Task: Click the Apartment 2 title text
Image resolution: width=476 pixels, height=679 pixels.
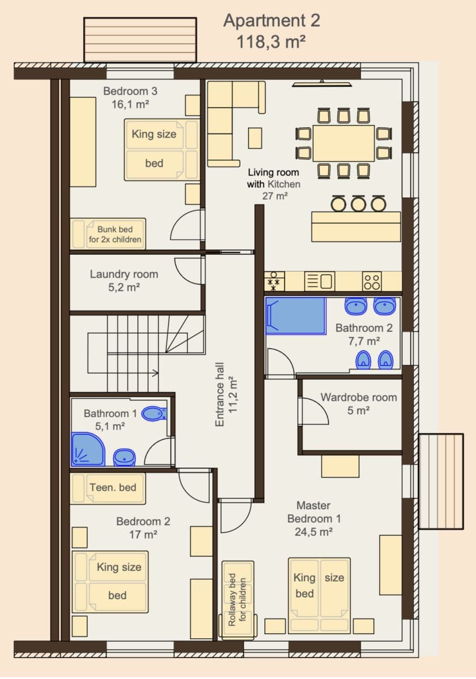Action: click(272, 20)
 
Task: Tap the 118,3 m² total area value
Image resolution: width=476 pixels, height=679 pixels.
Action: click(272, 41)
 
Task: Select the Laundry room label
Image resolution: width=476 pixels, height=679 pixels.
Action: click(124, 274)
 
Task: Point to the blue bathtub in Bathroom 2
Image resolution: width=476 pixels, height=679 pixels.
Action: click(295, 316)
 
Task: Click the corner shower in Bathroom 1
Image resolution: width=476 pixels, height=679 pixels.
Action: click(87, 449)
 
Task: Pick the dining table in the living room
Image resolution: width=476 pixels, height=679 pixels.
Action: click(344, 143)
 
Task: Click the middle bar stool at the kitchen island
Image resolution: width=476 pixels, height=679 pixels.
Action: click(358, 203)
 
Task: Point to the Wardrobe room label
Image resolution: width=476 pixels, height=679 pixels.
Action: click(358, 397)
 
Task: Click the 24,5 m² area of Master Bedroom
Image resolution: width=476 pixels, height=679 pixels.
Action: click(313, 532)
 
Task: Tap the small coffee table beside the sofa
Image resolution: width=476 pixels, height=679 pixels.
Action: click(255, 137)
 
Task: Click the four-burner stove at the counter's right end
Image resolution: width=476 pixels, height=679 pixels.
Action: click(372, 281)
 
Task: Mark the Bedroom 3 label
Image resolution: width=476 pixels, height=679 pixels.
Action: click(130, 91)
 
